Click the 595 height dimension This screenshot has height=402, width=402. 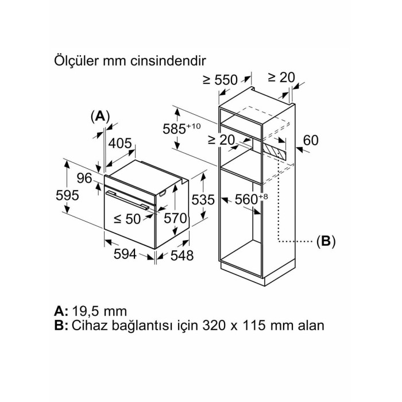pos(68,195)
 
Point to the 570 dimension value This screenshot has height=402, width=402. pos(176,218)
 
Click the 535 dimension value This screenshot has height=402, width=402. pos(203,200)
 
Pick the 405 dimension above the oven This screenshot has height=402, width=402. pos(121,144)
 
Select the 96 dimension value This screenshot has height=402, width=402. pos(84,179)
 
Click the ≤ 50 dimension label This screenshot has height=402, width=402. pos(127,218)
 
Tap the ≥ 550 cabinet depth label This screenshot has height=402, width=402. pos(221,80)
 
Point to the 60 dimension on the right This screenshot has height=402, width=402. pos(311,140)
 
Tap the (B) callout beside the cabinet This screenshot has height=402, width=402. pos(326,241)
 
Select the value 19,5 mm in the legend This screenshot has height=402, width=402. pos(98,311)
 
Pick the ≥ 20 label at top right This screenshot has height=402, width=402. pos(281,76)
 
